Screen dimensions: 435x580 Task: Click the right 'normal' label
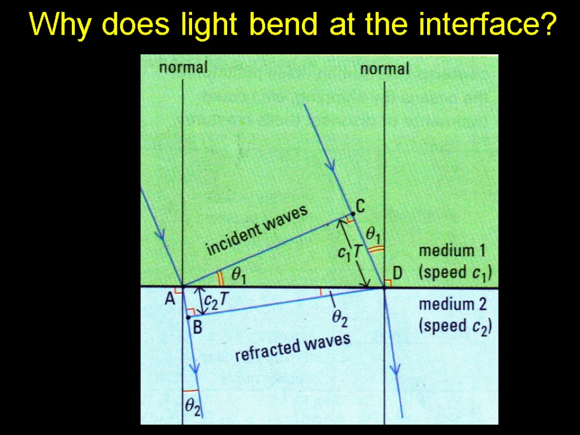coord(384,69)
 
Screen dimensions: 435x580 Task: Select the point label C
coord(360,206)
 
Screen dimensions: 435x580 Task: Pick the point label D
coord(397,274)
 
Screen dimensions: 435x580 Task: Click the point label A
coord(169,300)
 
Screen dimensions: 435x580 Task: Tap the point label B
coord(198,327)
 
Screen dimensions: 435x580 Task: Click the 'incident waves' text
coord(257,231)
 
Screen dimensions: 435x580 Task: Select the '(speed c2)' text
coord(455,327)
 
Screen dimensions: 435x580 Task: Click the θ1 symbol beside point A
coord(238,275)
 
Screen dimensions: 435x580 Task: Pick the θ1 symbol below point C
coord(373,232)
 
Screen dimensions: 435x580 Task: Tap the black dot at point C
coord(352,214)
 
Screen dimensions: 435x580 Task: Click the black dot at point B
coord(188,318)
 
